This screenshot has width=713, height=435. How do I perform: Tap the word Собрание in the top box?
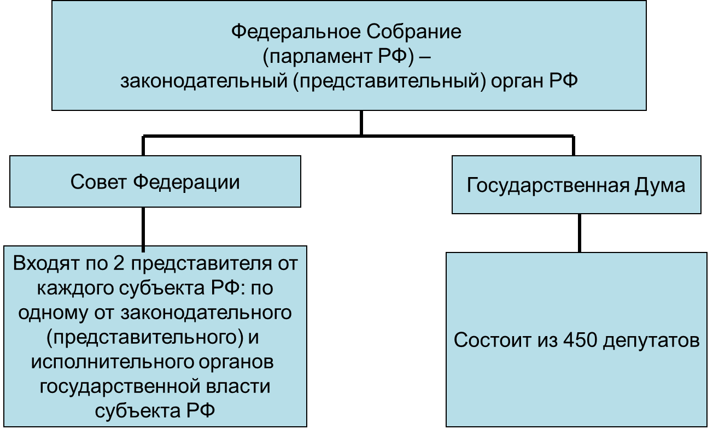pos(414,32)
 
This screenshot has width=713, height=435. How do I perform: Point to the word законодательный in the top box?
pos(204,81)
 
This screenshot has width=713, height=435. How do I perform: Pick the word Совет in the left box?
pos(98,182)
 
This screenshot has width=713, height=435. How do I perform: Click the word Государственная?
pos(548,185)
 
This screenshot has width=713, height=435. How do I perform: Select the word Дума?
pos(659,185)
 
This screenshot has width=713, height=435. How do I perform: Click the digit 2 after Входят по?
pos(119,263)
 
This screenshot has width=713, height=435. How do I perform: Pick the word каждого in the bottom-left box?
pos(76,289)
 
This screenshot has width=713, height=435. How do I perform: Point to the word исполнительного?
pos(112,362)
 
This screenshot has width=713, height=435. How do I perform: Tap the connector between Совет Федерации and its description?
pos(143,230)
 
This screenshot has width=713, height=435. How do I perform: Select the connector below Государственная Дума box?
pos(580,233)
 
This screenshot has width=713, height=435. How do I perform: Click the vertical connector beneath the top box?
pos(361,123)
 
